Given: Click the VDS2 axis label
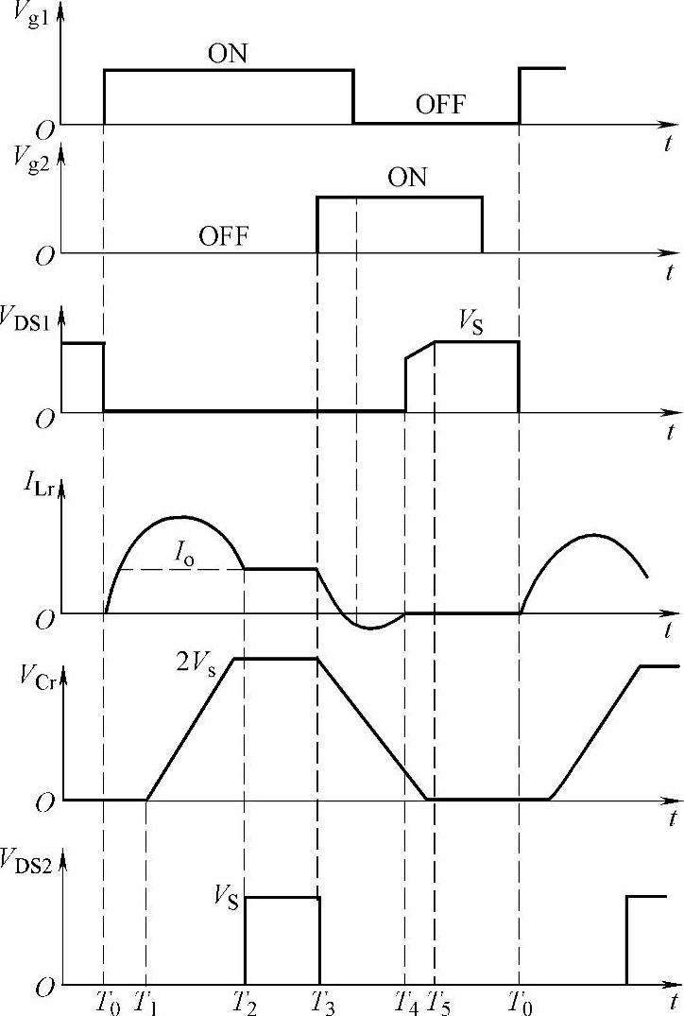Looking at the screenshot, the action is [30, 862].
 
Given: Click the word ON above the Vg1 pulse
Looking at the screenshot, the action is [227, 53].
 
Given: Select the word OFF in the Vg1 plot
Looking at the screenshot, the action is [440, 104].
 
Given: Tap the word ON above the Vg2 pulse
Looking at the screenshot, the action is [407, 178].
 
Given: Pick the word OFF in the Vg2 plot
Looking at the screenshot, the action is [223, 235].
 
